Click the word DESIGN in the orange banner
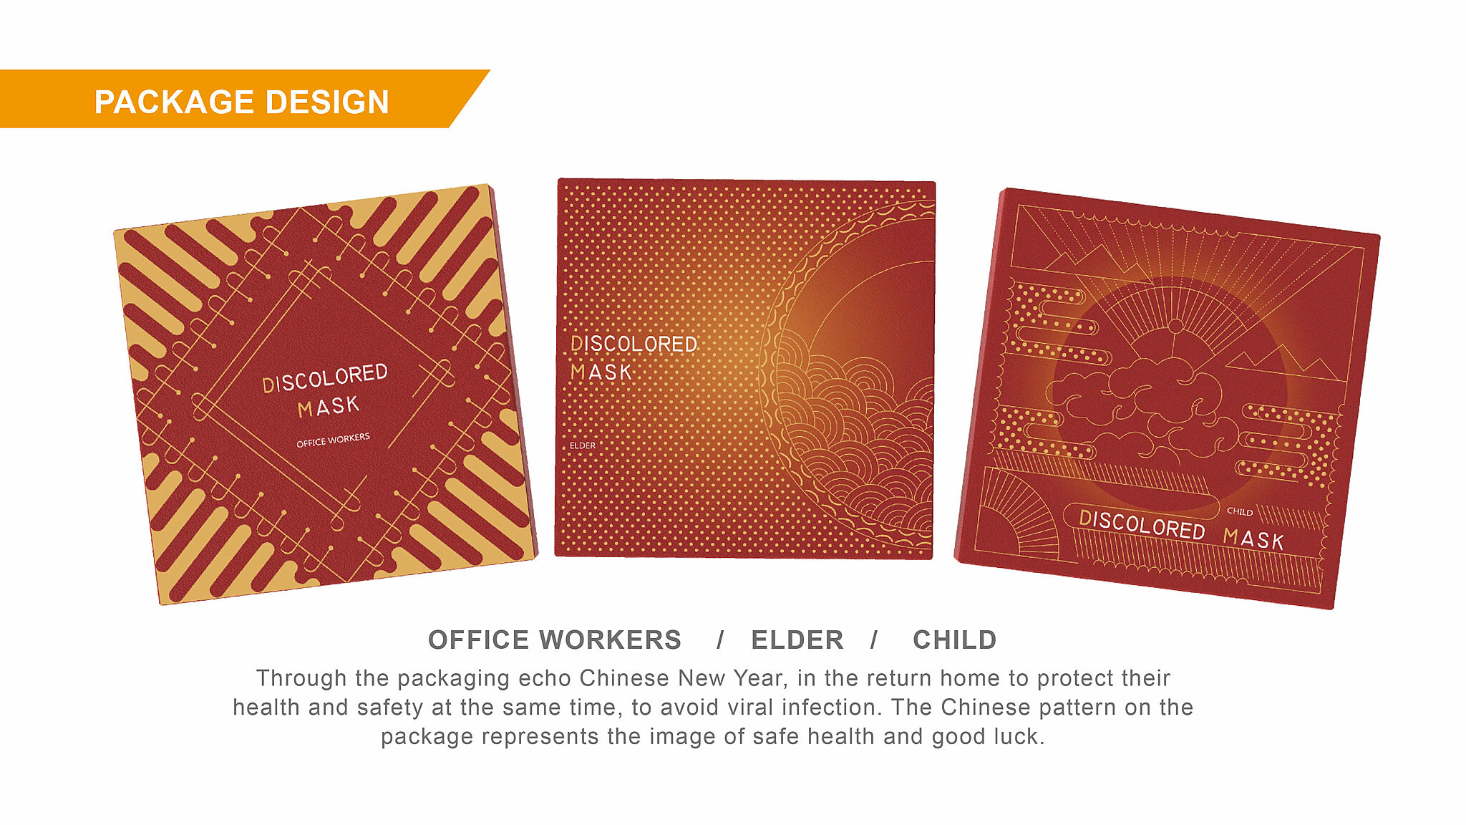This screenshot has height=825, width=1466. (x=327, y=102)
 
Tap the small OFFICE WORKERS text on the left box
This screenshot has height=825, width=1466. (x=334, y=440)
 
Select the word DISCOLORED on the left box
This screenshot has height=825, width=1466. (x=325, y=378)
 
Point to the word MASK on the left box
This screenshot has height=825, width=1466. (x=329, y=407)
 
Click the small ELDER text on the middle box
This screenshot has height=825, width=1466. (x=583, y=445)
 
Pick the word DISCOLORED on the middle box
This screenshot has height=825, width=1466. (x=634, y=344)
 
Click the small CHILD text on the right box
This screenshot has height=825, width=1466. (x=1240, y=511)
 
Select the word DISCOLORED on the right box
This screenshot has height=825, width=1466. (x=1142, y=525)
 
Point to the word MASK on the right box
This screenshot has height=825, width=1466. (x=1253, y=539)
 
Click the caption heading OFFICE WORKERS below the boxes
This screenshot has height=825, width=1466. (x=555, y=640)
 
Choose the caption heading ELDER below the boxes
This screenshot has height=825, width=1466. (x=797, y=640)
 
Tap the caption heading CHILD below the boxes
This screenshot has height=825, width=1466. (x=955, y=640)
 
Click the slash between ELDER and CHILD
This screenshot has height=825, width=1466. (x=874, y=640)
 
